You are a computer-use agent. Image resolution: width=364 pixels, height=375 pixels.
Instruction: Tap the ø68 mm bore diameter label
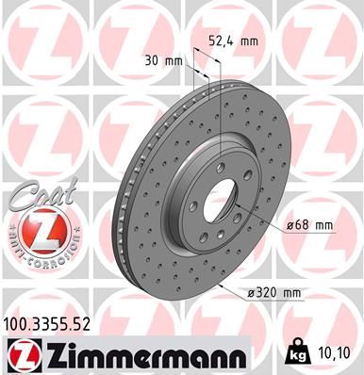coord(310,224)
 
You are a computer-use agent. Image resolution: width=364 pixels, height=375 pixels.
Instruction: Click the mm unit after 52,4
coord(249,41)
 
